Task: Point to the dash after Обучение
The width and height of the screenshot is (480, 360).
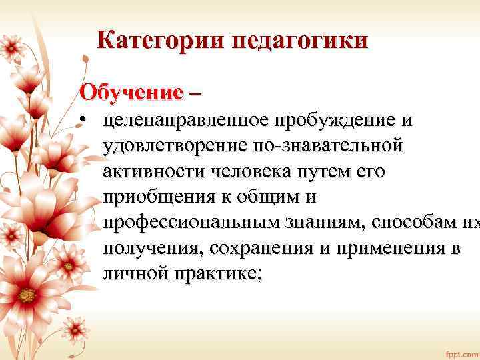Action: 193,92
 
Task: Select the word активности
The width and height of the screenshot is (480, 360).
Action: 153,171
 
